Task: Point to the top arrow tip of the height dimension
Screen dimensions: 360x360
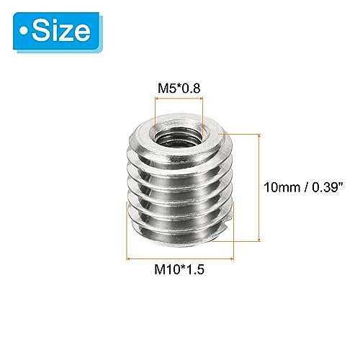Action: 257,134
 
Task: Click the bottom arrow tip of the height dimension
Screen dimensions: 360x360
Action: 257,239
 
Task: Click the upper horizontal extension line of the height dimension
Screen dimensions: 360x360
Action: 241,133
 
